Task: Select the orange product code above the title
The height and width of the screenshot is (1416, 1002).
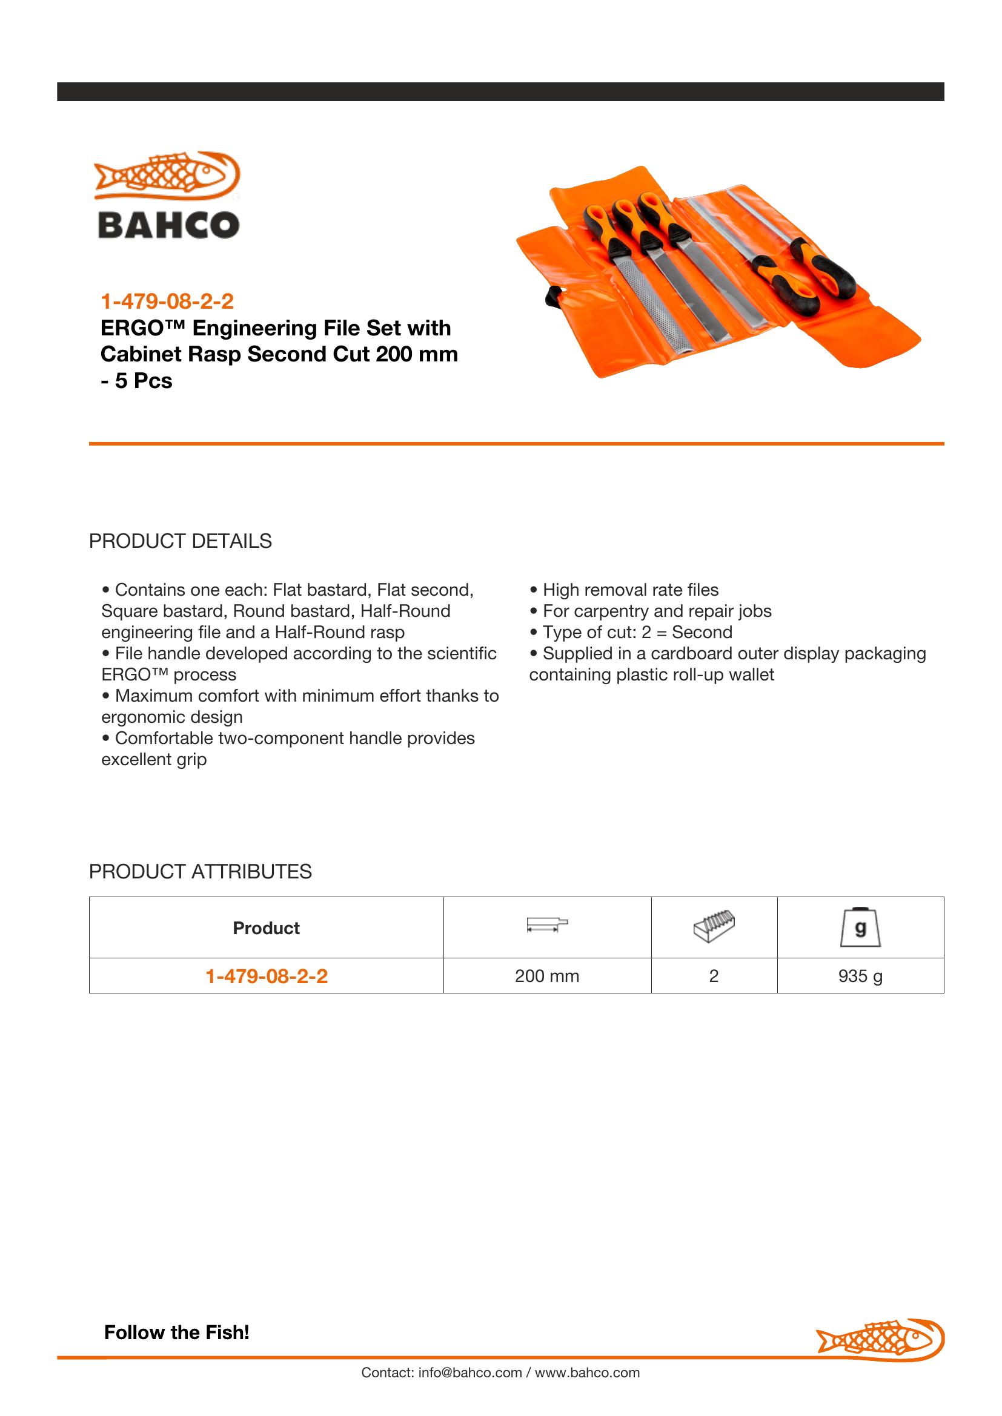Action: (167, 301)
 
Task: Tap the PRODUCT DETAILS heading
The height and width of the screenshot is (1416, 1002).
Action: (180, 541)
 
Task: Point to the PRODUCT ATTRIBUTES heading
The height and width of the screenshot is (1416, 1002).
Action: (200, 871)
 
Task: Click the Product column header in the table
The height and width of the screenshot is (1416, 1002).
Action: (266, 927)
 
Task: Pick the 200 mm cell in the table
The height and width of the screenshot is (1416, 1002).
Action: (546, 976)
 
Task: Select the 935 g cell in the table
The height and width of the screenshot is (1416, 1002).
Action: (860, 976)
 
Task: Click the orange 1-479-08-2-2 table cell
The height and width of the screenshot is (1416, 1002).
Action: (266, 976)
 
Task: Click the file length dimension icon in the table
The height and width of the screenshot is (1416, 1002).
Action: (546, 925)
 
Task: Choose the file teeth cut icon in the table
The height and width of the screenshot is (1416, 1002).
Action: (714, 926)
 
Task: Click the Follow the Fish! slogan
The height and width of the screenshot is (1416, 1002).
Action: (176, 1332)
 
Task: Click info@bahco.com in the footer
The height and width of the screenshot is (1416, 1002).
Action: (470, 1372)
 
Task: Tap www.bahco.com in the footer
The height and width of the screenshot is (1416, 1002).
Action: (587, 1372)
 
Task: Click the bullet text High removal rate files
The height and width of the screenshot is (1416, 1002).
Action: (630, 590)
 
